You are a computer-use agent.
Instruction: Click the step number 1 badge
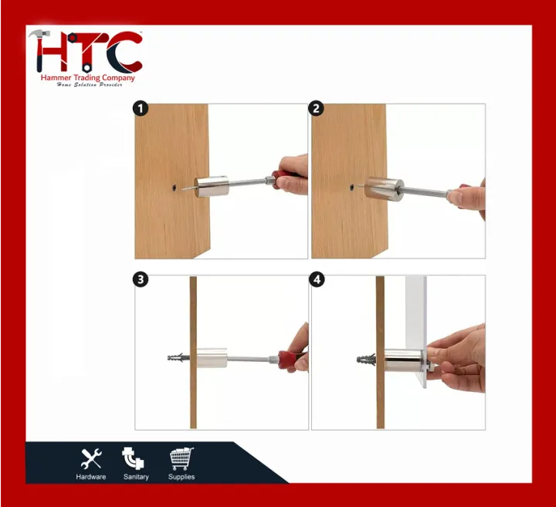141,109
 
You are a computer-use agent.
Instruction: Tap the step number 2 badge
317,109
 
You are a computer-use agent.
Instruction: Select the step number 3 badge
141,280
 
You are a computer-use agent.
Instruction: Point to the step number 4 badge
317,280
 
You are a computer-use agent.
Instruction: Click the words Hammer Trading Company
87,78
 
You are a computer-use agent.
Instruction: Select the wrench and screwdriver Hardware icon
91,458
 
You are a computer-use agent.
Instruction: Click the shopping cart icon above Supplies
181,458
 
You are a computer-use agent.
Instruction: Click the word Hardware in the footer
91,477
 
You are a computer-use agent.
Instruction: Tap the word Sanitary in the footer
136,477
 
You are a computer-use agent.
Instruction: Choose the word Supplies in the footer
181,477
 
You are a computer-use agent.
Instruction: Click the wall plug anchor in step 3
178,359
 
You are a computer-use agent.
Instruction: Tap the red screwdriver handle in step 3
293,359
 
